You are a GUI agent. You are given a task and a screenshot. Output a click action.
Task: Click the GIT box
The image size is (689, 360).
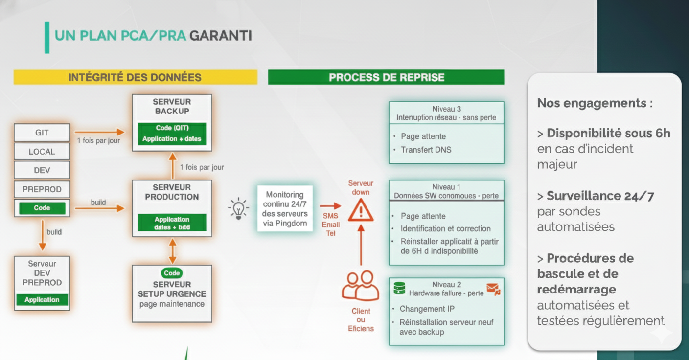[x=42, y=133]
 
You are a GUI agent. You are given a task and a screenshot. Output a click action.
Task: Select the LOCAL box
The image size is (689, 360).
[x=42, y=152]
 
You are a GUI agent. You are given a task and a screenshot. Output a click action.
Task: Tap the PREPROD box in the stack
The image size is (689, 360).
[x=42, y=189]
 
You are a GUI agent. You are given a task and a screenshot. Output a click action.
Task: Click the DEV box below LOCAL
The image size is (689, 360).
[x=42, y=170]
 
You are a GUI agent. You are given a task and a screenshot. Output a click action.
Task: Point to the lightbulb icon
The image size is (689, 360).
[x=238, y=208]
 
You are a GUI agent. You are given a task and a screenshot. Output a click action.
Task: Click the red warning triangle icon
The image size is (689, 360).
[x=361, y=211]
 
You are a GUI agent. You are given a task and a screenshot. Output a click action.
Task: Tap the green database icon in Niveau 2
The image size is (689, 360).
[x=399, y=289]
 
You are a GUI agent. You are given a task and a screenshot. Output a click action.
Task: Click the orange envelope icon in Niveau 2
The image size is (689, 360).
[x=493, y=289]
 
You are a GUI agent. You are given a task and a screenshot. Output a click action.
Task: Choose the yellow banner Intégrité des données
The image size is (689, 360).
[x=135, y=77]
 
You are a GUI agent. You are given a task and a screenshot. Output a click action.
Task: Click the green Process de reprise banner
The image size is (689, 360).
[x=386, y=77]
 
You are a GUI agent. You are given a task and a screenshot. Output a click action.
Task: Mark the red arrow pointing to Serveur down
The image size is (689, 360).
[x=330, y=206]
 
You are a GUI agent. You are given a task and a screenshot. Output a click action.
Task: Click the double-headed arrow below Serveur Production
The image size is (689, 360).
[x=172, y=250]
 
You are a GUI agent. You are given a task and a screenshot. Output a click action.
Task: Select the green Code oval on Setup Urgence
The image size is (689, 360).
[x=172, y=273]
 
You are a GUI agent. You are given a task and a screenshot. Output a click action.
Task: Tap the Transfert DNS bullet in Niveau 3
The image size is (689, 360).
[x=426, y=150]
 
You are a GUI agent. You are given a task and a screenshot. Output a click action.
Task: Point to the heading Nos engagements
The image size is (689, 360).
[x=595, y=103]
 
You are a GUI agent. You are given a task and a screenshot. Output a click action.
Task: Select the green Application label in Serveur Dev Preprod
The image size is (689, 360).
[x=42, y=300]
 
